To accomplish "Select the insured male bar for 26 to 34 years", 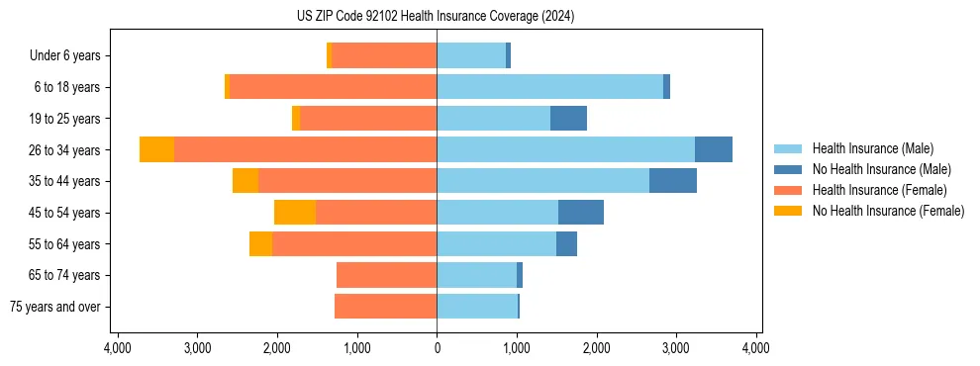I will click(x=565, y=149).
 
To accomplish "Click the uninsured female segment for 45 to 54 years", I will click(x=295, y=213).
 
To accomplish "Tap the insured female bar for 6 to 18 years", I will click(x=333, y=87).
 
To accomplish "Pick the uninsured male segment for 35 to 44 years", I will click(x=672, y=181).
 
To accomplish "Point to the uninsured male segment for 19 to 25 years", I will click(x=568, y=119).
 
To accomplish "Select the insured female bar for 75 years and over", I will click(x=385, y=307).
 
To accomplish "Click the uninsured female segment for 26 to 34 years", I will click(x=156, y=149).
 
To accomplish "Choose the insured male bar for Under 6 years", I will click(x=471, y=55).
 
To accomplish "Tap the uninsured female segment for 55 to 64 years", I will click(x=260, y=244).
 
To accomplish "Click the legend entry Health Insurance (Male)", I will click(x=872, y=148).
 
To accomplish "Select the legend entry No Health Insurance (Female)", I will click(x=888, y=211).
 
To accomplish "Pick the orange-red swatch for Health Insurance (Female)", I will click(x=788, y=190).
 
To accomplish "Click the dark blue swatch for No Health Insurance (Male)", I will click(x=788, y=169).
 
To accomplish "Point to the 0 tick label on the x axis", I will click(x=437, y=348).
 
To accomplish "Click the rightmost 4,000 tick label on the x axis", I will click(x=755, y=348).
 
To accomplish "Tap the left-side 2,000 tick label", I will click(x=276, y=348).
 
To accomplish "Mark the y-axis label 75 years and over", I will click(x=55, y=307).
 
